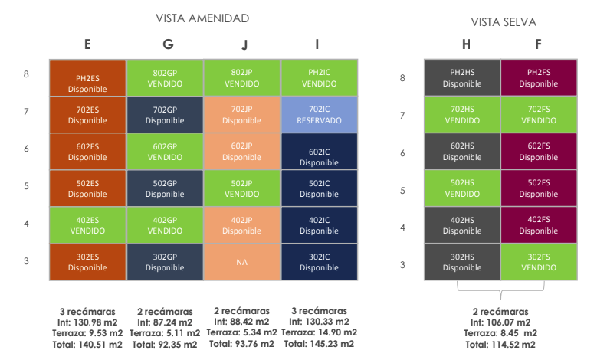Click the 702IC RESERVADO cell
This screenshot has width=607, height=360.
tap(319, 115)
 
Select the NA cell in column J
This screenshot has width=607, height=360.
tap(242, 262)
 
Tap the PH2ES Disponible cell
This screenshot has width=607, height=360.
tap(87, 77)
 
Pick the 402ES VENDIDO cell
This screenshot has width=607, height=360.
tap(87, 225)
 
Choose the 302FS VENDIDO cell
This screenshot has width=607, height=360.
tap(539, 262)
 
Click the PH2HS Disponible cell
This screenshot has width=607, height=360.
tap(462, 77)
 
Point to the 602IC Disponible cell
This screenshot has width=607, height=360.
tap(319, 152)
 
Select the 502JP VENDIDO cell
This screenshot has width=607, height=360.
tap(242, 188)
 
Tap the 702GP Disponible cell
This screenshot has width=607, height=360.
tap(165, 115)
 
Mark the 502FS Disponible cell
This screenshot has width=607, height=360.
tap(539, 188)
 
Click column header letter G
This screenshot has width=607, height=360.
tap(168, 44)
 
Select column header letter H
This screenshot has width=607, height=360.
tap(467, 44)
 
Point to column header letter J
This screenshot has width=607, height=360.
tap(244, 45)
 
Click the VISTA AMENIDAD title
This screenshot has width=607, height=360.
tap(202, 18)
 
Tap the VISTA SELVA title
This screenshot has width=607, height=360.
tap(504, 22)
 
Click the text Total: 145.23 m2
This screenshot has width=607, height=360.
tap(319, 344)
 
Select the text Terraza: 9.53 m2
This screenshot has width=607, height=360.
tap(87, 333)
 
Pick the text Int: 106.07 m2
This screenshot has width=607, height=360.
tap(500, 322)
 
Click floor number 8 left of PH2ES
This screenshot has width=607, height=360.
tap(26, 74)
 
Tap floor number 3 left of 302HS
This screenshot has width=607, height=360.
tap(402, 265)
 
